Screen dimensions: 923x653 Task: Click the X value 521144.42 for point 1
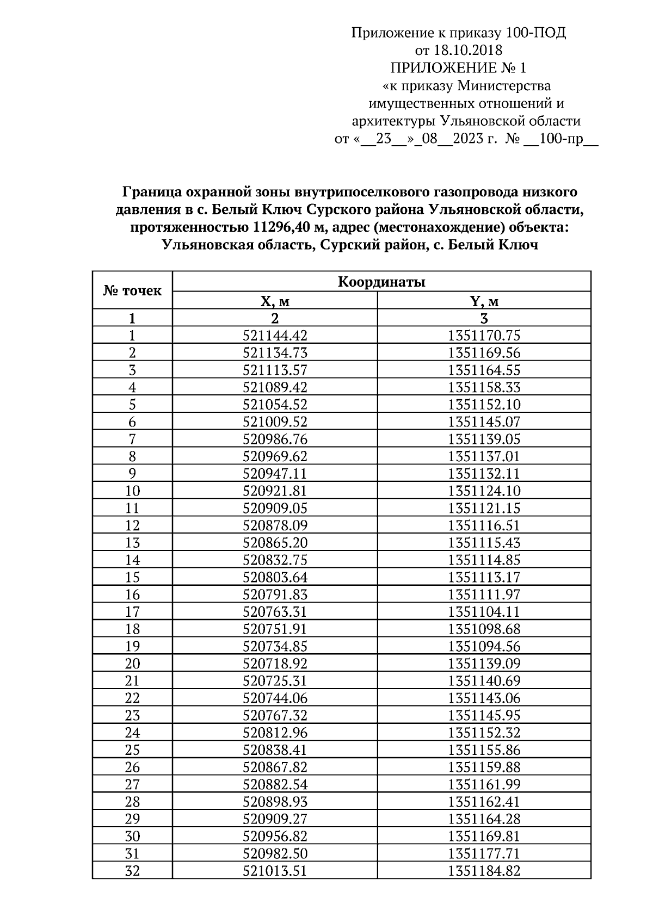[x=275, y=336]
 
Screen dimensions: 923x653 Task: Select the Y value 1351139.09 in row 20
[x=484, y=664]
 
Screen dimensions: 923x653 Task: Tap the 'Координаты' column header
[x=381, y=282]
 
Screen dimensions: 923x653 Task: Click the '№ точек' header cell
[x=132, y=290]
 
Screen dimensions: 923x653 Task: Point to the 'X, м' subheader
[x=275, y=301]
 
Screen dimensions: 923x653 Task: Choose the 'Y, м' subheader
[x=484, y=301]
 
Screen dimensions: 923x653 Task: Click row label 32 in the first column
[x=132, y=871]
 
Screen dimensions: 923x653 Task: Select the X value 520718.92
[x=275, y=664]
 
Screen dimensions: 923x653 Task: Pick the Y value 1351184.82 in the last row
[x=484, y=871]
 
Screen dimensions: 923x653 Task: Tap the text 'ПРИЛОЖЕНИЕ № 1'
[x=458, y=68]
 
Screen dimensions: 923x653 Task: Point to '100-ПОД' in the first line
[x=536, y=33]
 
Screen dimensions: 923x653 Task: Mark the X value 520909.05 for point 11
[x=275, y=508]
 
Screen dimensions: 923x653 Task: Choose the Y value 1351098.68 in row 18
[x=484, y=629]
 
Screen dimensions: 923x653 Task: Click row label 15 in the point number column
[x=132, y=577]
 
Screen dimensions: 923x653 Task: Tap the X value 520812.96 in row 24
[x=275, y=733]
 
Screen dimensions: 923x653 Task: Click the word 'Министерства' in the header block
[x=504, y=85]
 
